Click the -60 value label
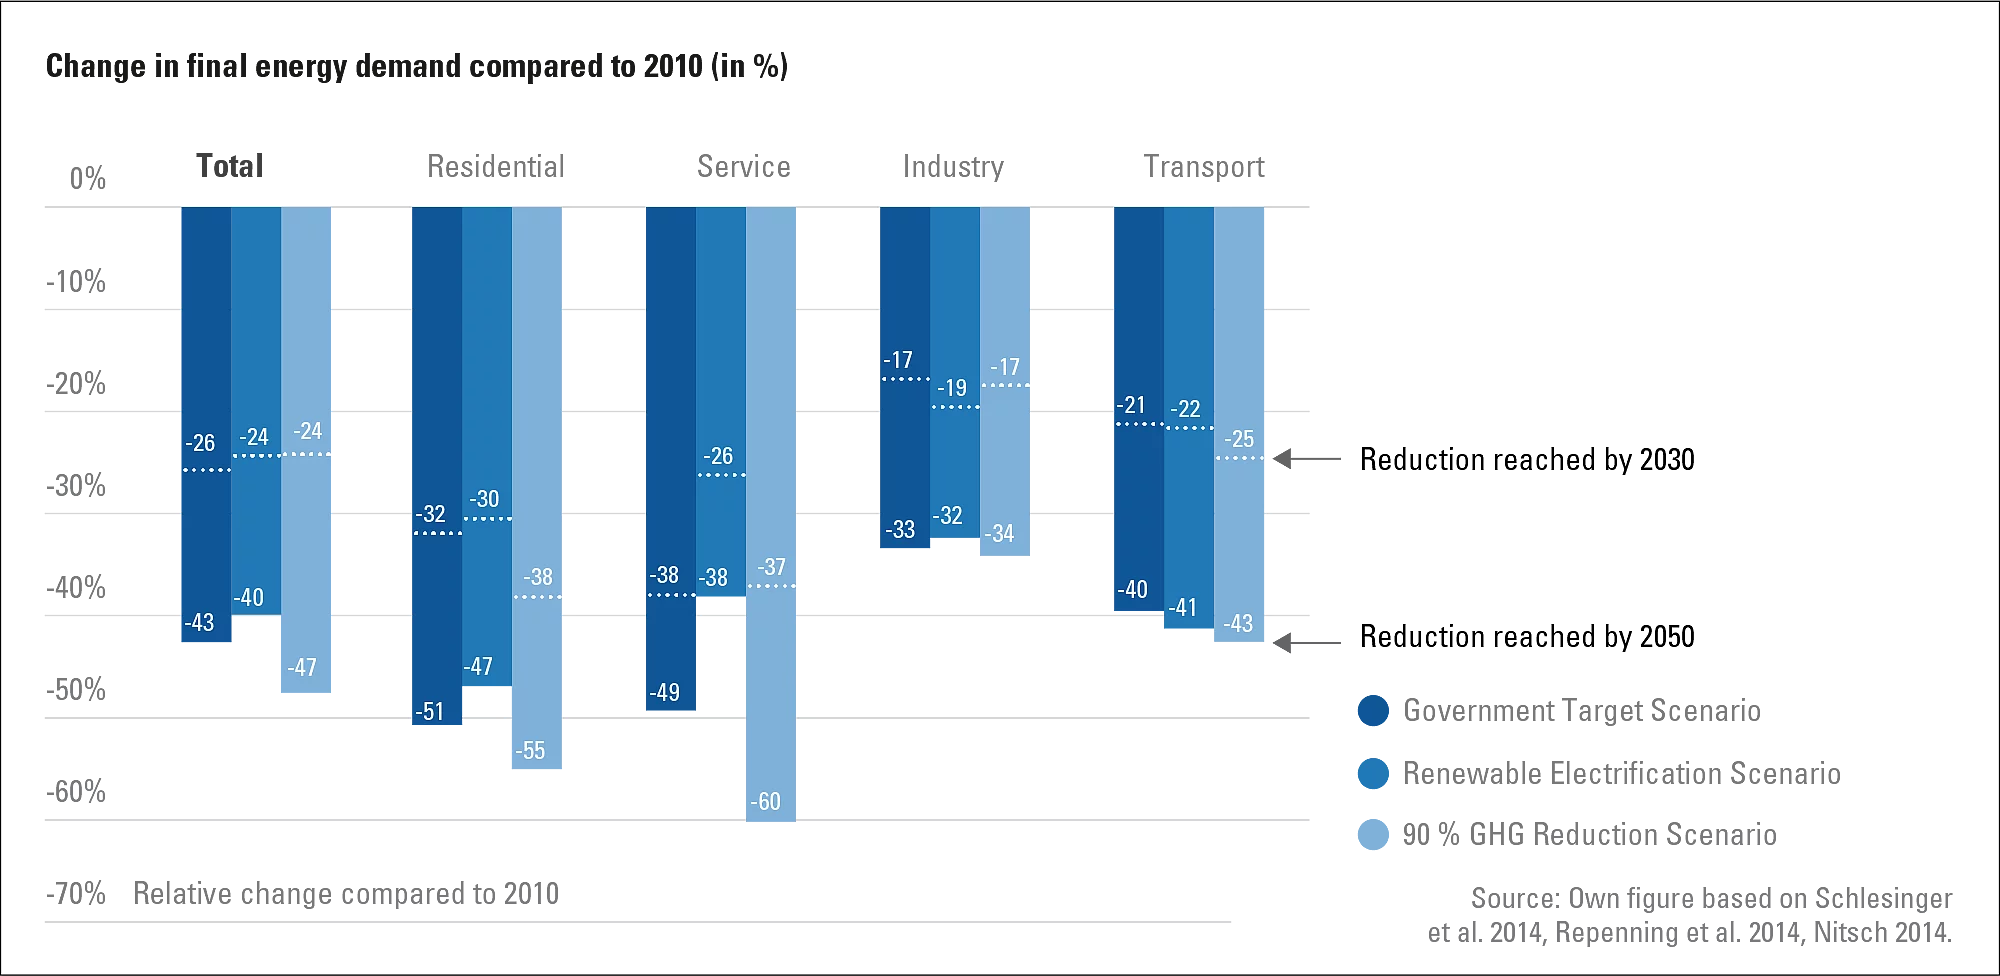[766, 802]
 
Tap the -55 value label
[531, 751]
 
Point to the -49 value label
[664, 692]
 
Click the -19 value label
[953, 388]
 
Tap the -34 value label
[999, 534]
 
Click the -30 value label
[485, 499]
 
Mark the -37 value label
[771, 567]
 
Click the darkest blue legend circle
[1371, 710]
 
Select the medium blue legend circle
[1371, 772]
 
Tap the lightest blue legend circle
[1371, 834]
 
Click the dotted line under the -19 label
[955, 407]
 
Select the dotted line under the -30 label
[487, 519]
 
